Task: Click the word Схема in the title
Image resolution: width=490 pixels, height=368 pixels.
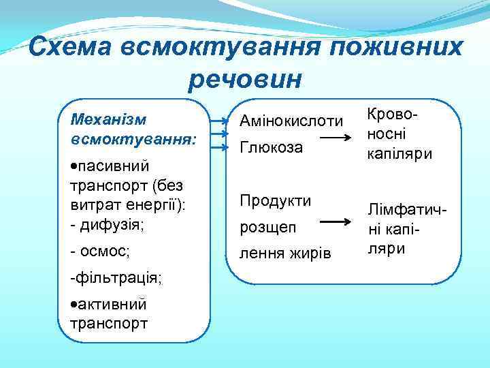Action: pyautogui.click(x=72, y=47)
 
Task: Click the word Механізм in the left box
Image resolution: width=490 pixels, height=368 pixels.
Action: pyautogui.click(x=108, y=119)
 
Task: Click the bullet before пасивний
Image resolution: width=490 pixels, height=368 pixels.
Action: pyautogui.click(x=73, y=166)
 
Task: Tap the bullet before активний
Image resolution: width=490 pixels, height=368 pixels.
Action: pyautogui.click(x=73, y=304)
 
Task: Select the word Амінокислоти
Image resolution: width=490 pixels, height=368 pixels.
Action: pyautogui.click(x=290, y=121)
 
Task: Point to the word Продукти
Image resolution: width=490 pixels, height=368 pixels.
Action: pyautogui.click(x=274, y=201)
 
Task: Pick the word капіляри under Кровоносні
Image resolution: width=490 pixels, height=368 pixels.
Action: pyautogui.click(x=399, y=154)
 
